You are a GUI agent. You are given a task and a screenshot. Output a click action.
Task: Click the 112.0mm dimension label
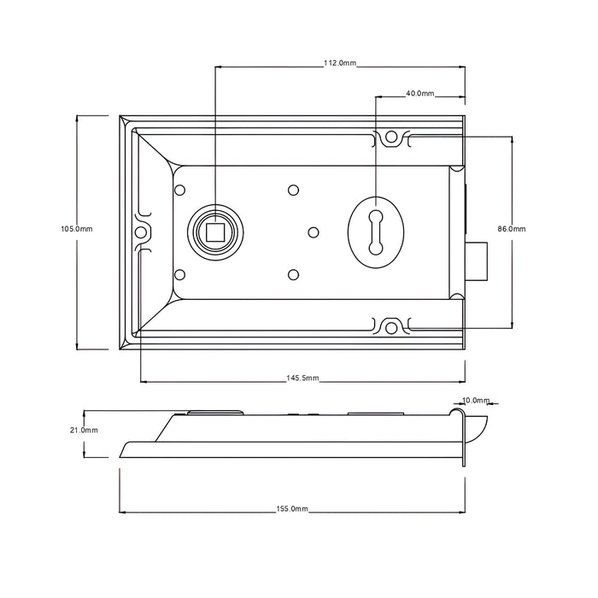click(340, 63)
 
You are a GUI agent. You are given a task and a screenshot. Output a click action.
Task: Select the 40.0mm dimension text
click(419, 93)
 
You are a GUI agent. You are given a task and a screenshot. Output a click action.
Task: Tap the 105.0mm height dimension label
click(77, 229)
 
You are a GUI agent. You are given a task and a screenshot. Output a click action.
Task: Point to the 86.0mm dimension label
click(512, 229)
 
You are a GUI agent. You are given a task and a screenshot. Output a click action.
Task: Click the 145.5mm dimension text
click(302, 378)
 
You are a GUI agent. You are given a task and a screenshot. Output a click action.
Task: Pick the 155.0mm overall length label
click(292, 509)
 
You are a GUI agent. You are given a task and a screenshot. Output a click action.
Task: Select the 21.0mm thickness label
click(84, 431)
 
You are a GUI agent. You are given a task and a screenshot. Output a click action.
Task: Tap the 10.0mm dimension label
click(476, 401)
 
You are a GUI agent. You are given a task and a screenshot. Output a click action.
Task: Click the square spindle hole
click(215, 232)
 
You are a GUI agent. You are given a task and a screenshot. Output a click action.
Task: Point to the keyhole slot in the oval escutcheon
click(376, 232)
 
